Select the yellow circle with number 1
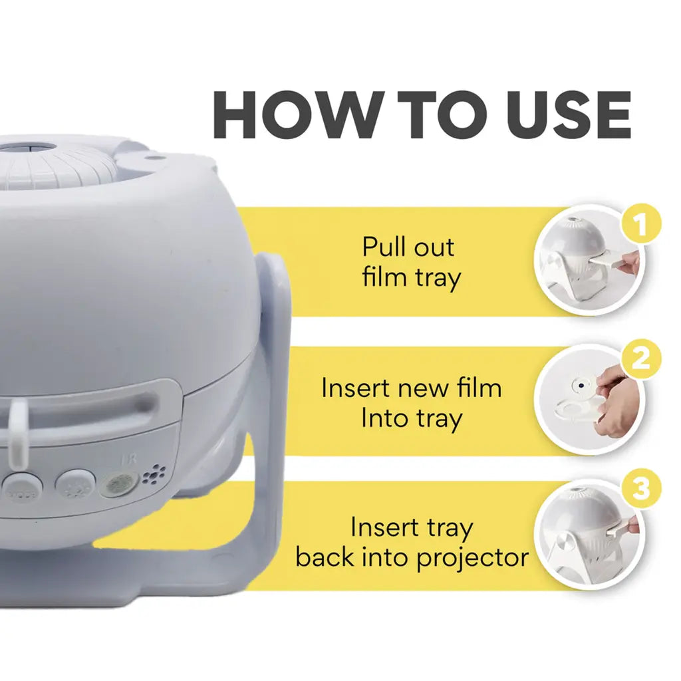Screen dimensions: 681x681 click(641, 225)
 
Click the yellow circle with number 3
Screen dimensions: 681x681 click(641, 491)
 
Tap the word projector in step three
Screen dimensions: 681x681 click(472, 557)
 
